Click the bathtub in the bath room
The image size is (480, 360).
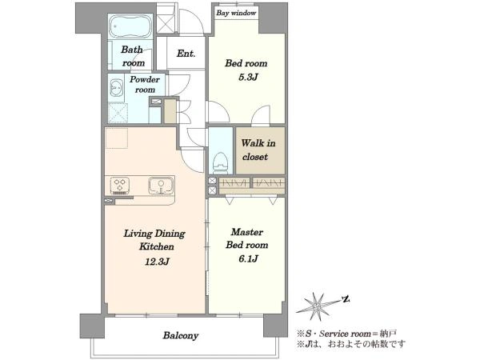coord(131,26)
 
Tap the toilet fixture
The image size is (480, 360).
coord(221,162)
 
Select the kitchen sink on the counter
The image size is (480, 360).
coord(161,186)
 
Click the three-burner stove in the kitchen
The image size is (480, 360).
coord(120,186)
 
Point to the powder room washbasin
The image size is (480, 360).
coord(116,88)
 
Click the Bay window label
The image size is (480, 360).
coord(236,13)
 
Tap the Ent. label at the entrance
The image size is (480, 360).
coord(186,54)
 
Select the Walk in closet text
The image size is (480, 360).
coord(258,150)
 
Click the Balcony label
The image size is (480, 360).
coord(181,335)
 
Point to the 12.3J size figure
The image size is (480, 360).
coord(157,262)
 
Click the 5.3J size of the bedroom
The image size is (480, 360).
coord(248,77)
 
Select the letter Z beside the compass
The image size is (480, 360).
coord(346,298)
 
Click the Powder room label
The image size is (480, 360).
coord(145,85)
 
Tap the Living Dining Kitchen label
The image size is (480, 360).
coord(154,240)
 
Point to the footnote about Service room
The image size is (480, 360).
coord(347,334)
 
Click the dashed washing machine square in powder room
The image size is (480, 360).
coord(118,113)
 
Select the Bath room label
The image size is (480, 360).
coord(133,56)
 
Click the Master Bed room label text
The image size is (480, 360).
coord(247,238)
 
